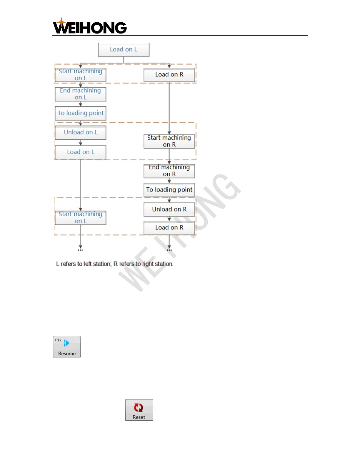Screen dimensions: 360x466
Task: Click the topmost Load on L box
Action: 124,50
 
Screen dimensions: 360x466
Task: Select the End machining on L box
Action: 80,94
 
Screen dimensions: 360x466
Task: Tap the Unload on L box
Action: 81,132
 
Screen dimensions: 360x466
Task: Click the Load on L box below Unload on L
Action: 81,152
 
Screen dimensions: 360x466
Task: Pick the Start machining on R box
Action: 169,141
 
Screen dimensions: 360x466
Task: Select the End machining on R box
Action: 169,171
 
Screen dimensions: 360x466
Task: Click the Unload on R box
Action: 169,209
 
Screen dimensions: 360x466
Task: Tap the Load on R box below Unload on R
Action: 169,228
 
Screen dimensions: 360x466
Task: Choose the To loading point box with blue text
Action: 81,113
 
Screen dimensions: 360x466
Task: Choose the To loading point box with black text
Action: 169,190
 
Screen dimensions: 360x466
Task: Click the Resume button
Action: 67,347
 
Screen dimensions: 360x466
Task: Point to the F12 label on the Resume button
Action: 58,340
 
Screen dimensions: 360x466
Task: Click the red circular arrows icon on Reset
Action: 139,407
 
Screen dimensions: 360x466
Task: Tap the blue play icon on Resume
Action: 67,343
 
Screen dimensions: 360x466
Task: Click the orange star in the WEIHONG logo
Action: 61,21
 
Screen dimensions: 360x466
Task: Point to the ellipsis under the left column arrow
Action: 80,250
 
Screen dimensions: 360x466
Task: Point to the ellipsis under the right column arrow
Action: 169,250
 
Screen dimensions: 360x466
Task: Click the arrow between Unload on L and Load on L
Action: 81,143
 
